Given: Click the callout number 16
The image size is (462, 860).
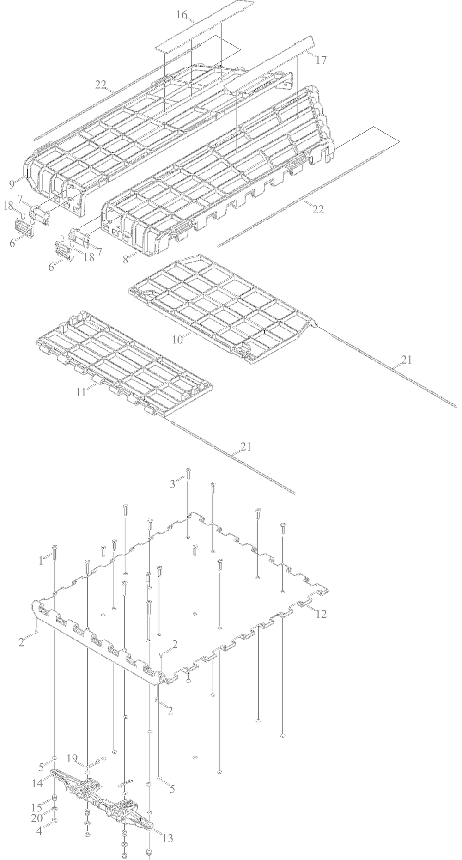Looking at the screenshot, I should tap(181, 15).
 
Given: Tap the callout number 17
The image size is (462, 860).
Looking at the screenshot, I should tap(322, 60).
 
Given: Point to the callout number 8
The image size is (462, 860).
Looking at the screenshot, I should tap(126, 260).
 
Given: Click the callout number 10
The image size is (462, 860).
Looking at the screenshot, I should tap(178, 340).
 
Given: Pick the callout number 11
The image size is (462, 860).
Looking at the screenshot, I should tap(81, 392).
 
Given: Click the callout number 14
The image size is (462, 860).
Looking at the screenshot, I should tap(37, 783).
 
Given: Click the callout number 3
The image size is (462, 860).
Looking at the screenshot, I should tap(173, 484).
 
